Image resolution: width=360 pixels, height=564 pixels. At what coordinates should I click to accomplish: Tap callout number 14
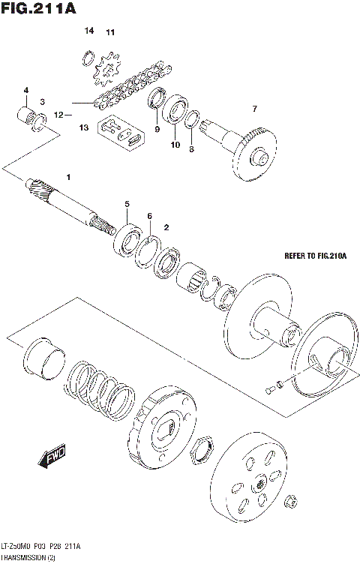pos(89,31)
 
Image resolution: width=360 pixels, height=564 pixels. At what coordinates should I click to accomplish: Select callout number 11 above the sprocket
pos(110,32)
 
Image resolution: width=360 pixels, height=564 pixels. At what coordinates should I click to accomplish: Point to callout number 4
pos(25,91)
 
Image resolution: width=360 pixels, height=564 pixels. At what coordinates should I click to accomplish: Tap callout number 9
pos(157,129)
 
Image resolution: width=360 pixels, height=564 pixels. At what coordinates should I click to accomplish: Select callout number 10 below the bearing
pos(175,145)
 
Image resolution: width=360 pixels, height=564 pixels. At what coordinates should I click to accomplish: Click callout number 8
pos(191,149)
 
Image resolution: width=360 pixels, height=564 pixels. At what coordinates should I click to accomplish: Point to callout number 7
pos(254,109)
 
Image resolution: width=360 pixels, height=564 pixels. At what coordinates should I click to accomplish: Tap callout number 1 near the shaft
pos(68,177)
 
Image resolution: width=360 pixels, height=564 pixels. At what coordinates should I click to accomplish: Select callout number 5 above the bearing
pos(127,204)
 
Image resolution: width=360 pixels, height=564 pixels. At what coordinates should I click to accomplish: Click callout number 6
pos(149,216)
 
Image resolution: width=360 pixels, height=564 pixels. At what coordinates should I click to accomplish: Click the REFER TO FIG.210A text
pos(315,256)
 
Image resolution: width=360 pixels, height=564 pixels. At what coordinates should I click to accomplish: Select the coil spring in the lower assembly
pos(98,386)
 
